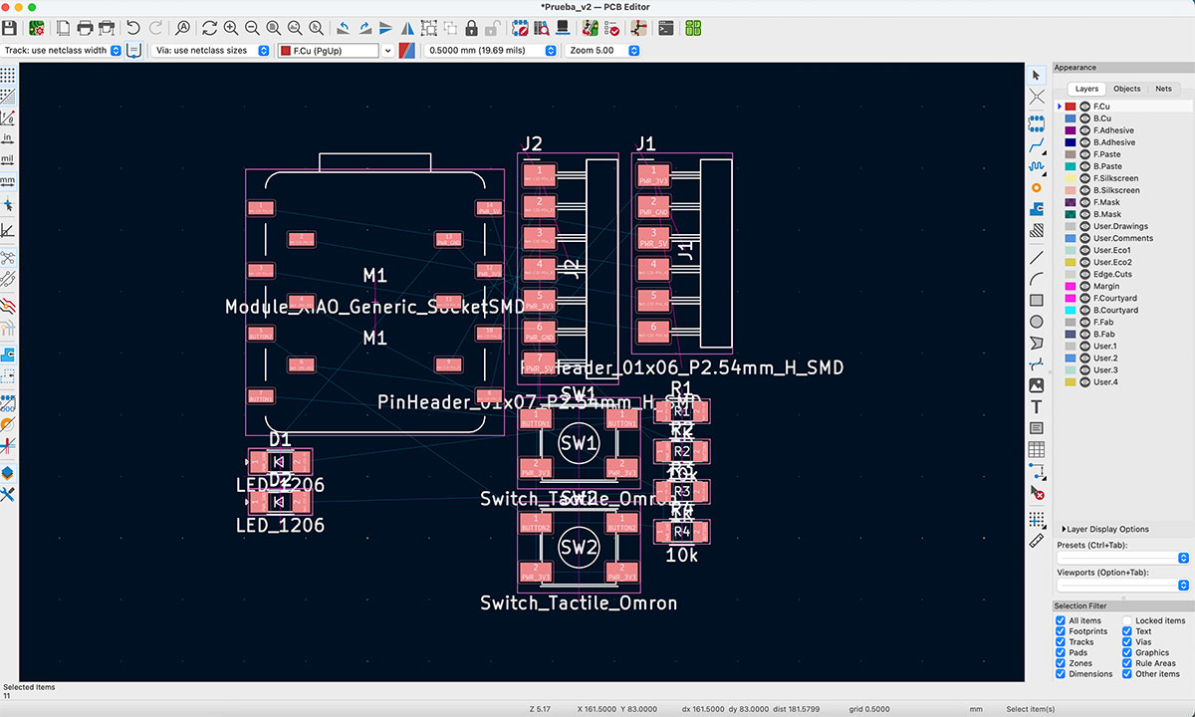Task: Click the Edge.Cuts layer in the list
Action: click(x=1111, y=274)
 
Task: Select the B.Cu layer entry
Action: click(x=1101, y=119)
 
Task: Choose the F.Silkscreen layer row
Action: click(x=1115, y=178)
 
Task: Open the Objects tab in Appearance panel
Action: click(x=1126, y=89)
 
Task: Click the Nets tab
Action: click(x=1163, y=89)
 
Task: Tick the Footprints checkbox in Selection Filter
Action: click(x=1061, y=631)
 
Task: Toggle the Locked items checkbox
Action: click(x=1127, y=620)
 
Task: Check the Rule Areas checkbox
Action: click(x=1127, y=663)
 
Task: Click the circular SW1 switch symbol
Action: click(x=579, y=442)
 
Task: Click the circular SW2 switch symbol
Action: click(x=579, y=547)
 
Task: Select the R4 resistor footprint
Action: click(x=682, y=531)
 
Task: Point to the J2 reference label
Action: click(x=533, y=143)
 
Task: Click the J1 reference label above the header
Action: click(x=645, y=143)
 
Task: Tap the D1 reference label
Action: click(x=280, y=439)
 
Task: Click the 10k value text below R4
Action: click(x=682, y=555)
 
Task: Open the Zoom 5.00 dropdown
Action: click(x=602, y=50)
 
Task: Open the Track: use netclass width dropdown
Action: click(x=62, y=50)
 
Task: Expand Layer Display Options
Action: click(x=1106, y=529)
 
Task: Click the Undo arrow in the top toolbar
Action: click(x=132, y=28)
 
